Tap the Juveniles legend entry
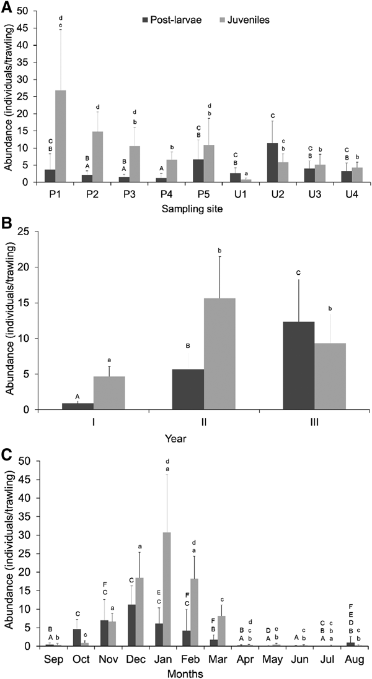245,20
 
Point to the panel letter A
8,8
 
